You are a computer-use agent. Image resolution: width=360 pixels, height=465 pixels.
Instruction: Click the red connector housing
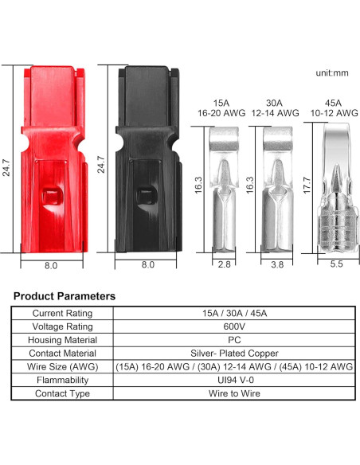coord(50,159)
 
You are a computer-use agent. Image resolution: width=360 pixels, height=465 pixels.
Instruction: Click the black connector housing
coord(147,159)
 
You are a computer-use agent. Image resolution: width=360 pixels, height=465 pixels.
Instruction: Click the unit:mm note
coord(333,72)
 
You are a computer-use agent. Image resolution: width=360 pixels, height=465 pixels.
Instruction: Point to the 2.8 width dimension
coord(224,264)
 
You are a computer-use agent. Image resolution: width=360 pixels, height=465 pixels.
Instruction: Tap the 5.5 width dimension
coord(336,264)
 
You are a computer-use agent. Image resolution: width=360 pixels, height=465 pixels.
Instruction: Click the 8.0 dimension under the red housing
coord(49,265)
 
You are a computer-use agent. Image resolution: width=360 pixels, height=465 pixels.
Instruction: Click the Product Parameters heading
coord(65,296)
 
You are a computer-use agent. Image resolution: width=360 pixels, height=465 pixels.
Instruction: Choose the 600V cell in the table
coord(234,326)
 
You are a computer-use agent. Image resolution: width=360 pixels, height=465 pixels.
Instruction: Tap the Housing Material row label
coord(62,340)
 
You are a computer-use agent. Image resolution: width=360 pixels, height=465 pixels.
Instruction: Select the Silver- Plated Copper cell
coord(234,353)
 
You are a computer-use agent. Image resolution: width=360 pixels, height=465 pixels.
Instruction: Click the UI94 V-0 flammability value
coord(234,380)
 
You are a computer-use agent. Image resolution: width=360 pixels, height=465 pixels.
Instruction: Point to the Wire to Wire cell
coord(234,393)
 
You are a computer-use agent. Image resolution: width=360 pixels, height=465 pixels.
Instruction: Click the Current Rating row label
coord(62,314)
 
